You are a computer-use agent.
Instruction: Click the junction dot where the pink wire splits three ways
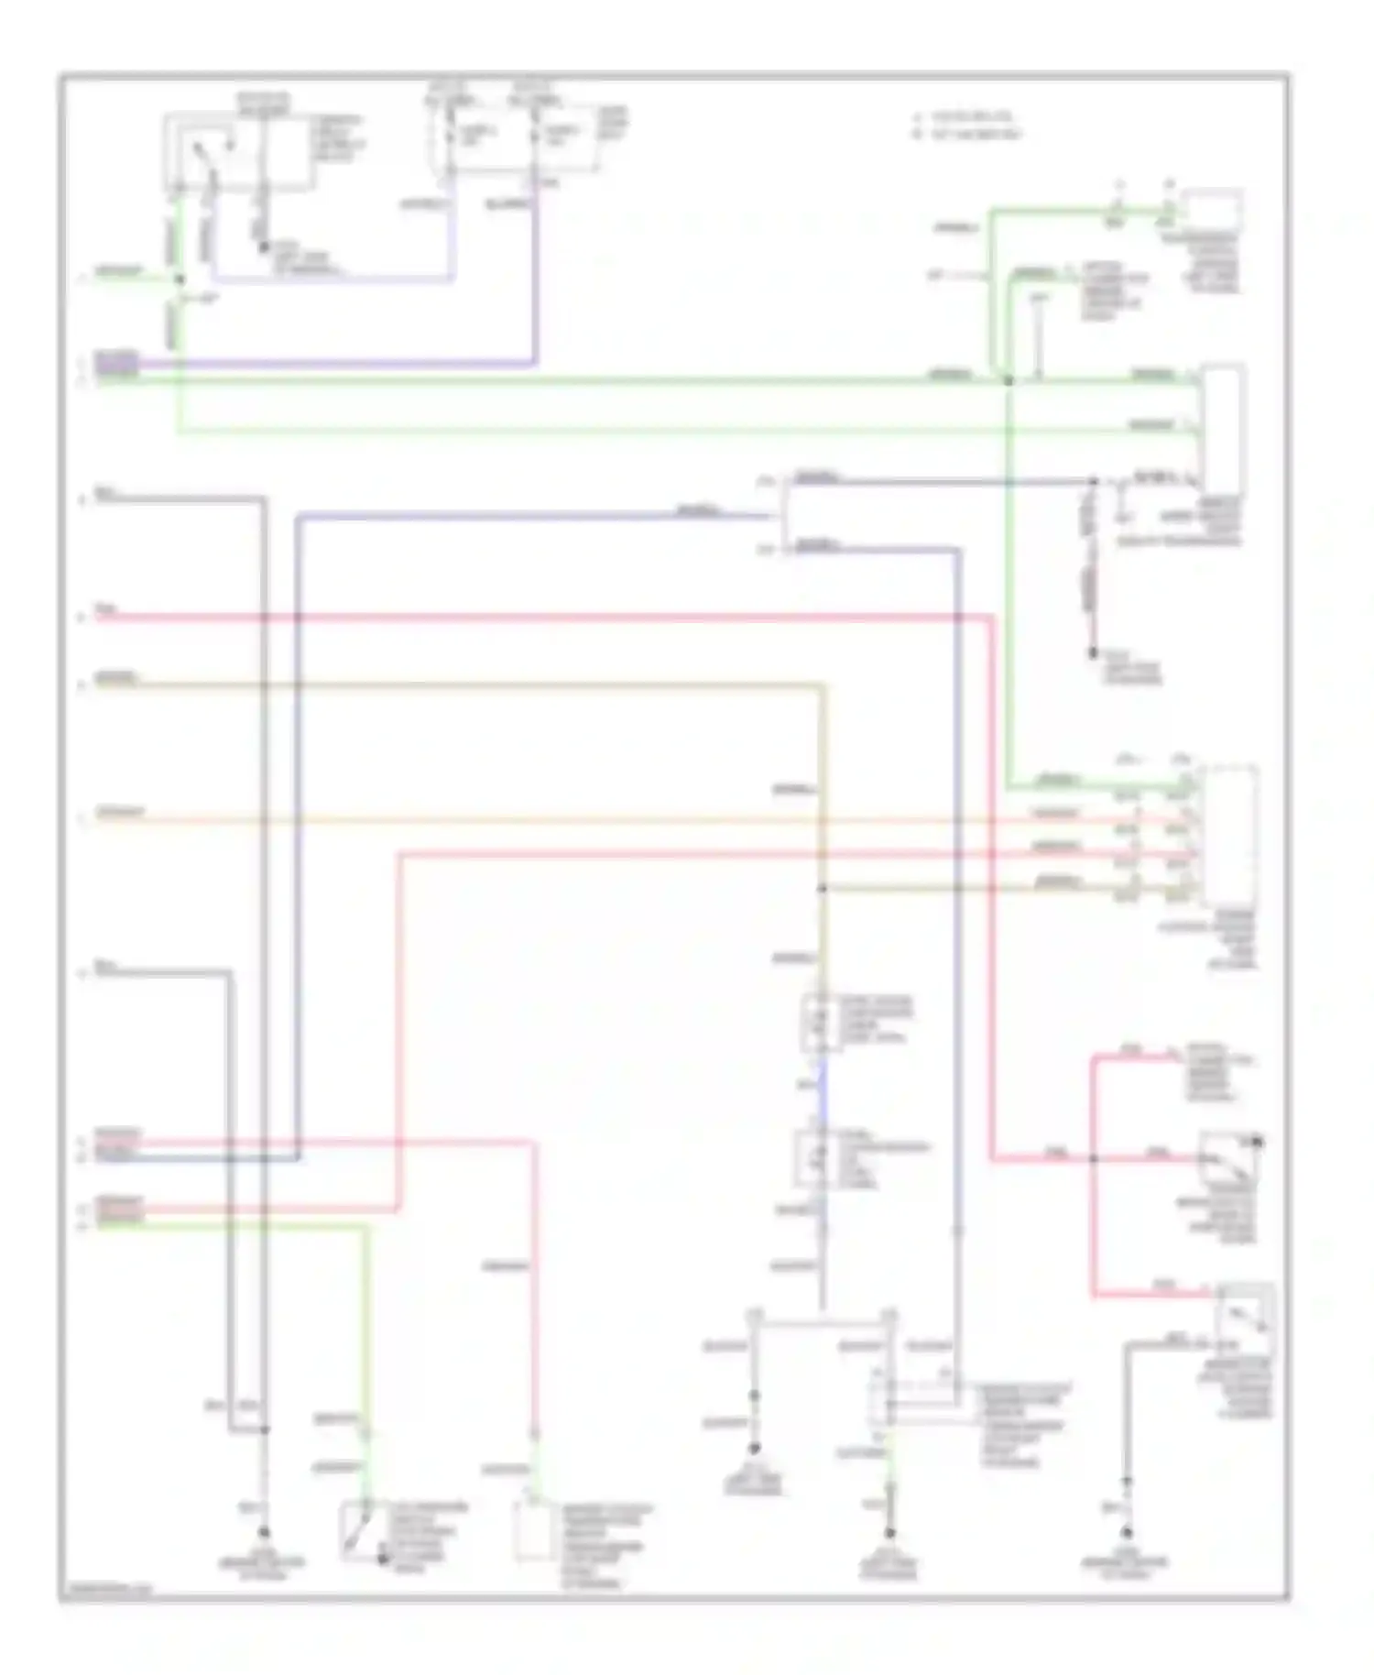coord(1093,1158)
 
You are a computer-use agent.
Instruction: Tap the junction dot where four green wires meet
coord(1008,380)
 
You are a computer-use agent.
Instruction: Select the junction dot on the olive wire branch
coord(822,888)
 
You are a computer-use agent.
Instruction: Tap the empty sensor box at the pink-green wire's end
coord(530,1530)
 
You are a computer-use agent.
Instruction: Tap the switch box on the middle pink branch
coord(1230,1160)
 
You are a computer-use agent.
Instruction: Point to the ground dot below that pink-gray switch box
coord(1127,1532)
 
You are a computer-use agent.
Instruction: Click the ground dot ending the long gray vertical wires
coord(264,1532)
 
